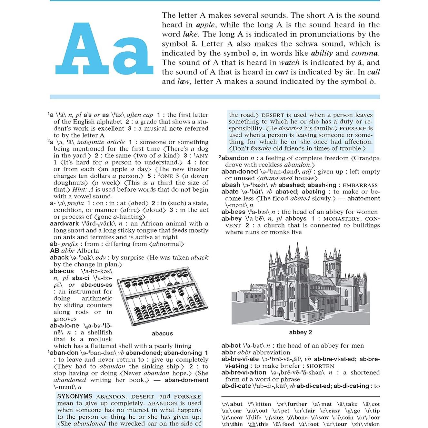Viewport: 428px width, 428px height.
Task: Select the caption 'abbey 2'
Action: pos(300,332)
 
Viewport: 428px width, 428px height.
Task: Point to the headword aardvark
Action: pos(64,224)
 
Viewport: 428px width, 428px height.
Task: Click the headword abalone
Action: pos(64,325)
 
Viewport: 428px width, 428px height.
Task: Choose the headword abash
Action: pos(231,185)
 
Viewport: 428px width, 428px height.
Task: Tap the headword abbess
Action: pos(233,212)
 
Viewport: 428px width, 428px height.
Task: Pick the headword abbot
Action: pos(231,345)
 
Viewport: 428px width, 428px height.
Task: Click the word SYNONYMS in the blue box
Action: pos(75,396)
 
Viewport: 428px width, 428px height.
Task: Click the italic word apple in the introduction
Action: pos(205,25)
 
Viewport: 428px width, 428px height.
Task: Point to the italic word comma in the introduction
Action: pos(364,53)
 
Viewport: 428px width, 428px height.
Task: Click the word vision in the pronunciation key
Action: pos(370,424)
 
